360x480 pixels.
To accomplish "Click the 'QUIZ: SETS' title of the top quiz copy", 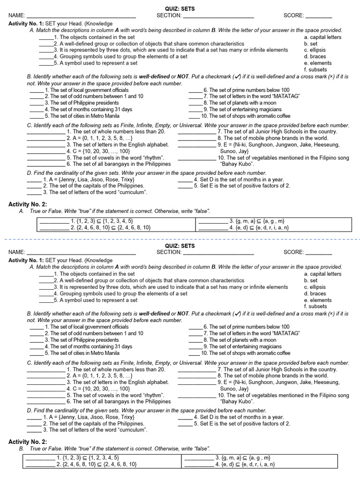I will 180,9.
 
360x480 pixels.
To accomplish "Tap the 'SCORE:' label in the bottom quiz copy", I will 293,252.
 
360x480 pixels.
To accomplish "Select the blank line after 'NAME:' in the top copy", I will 82,16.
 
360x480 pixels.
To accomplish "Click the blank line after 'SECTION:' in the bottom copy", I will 218,252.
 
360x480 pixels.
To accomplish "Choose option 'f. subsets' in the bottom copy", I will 315,306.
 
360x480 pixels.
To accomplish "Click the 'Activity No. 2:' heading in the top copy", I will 28,204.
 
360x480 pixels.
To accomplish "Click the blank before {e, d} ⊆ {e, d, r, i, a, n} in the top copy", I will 212,228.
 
